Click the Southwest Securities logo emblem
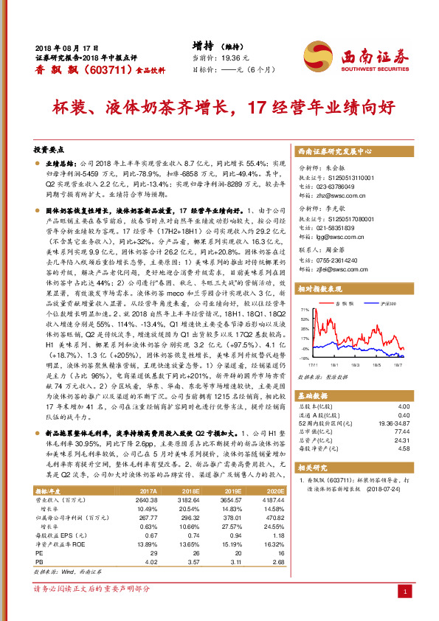tap(318, 55)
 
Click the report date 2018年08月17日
tap(67, 46)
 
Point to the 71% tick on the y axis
tap(303, 310)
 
